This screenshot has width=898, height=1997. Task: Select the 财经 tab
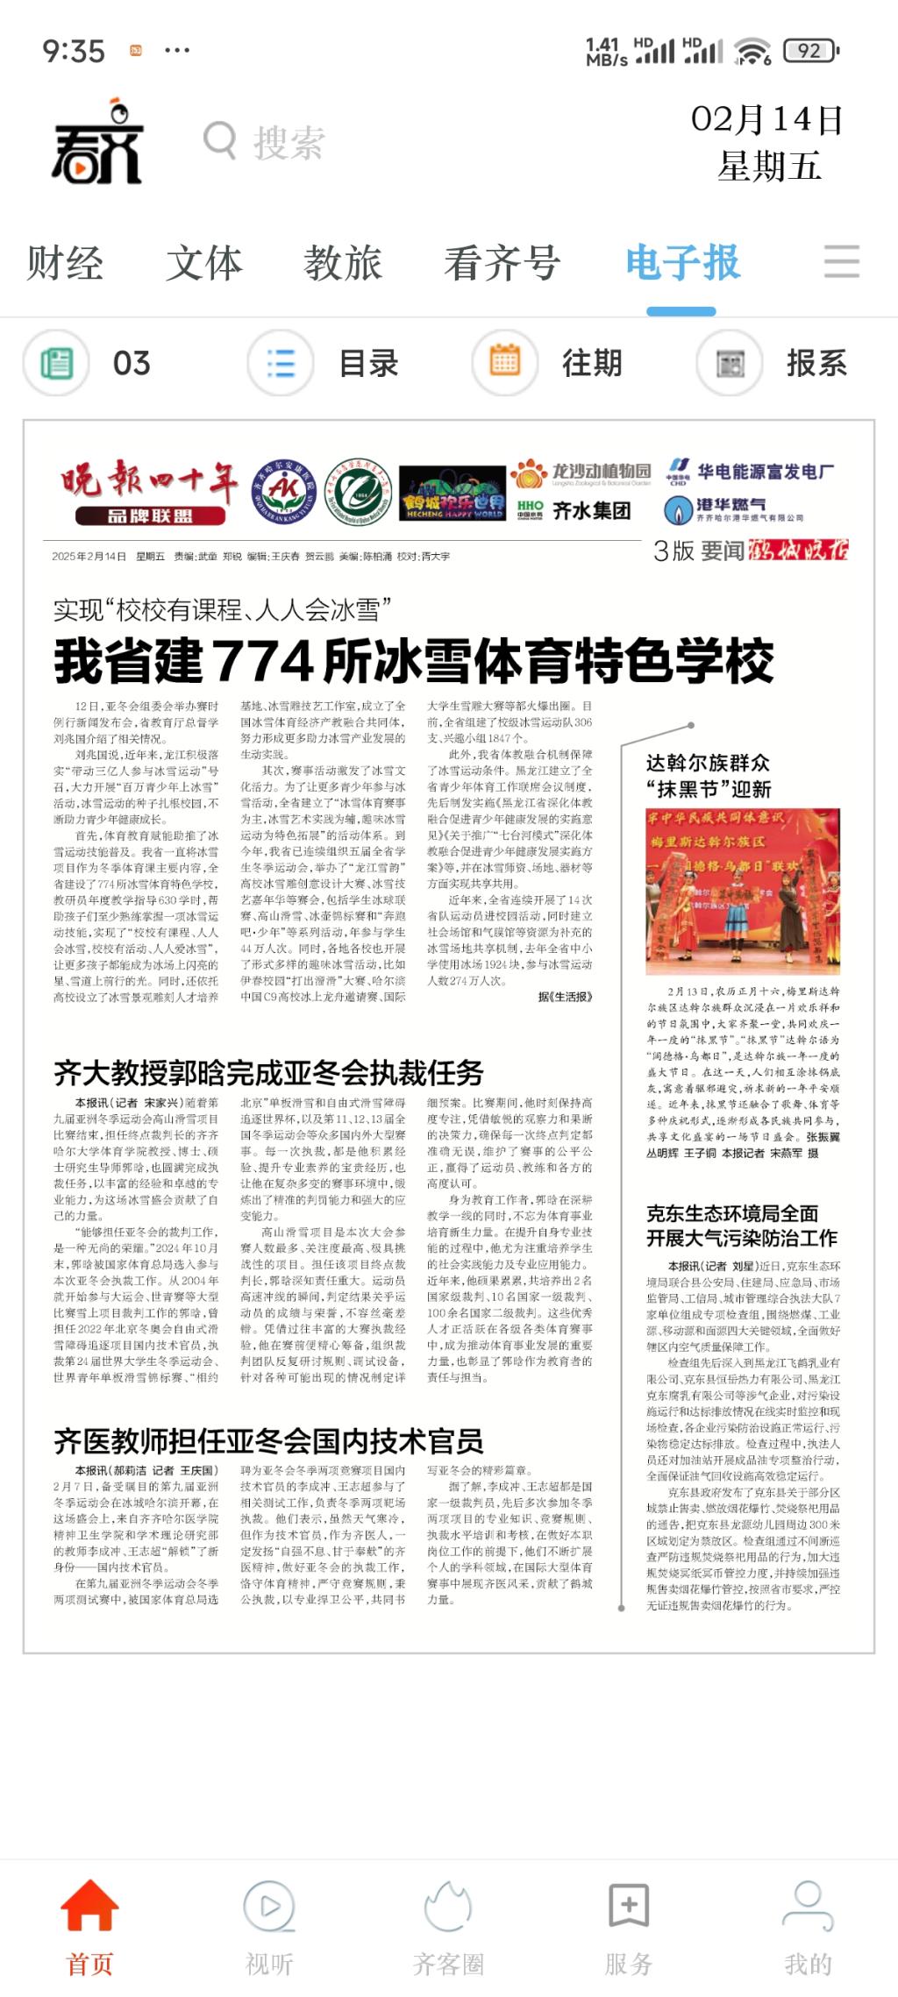[65, 263]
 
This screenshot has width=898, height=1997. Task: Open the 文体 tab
[203, 263]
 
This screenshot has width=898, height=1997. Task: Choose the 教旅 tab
[343, 263]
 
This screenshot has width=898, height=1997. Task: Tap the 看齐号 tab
[502, 263]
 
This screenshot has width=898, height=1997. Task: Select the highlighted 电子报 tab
[682, 263]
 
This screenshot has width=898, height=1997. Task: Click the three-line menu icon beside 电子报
[842, 262]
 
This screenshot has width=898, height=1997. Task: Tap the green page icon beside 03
[56, 363]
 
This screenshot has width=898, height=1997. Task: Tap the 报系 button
[816, 363]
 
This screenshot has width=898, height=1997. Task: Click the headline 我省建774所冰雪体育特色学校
[414, 662]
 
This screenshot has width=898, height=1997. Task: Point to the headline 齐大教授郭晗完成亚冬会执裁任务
[268, 1072]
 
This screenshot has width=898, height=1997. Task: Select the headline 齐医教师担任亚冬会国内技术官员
[268, 1440]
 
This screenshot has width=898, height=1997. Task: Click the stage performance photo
[743, 892]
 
